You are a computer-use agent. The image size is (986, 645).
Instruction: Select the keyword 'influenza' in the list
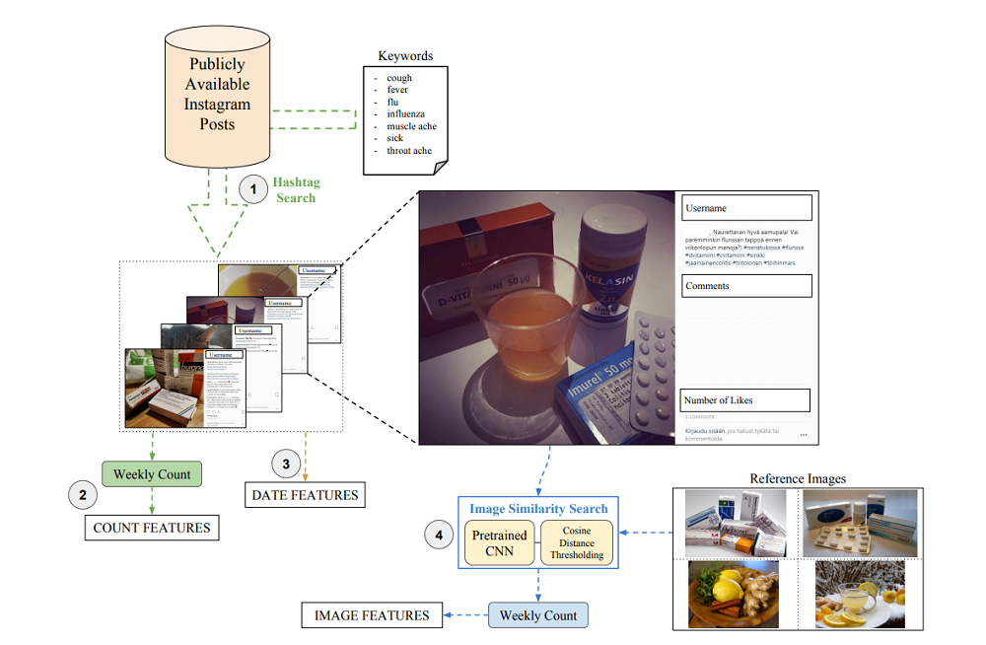(405, 114)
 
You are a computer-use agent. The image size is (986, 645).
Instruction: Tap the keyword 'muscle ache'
(411, 126)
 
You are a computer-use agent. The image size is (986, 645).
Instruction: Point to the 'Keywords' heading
(405, 56)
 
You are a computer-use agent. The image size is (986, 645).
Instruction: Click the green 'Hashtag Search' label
(296, 190)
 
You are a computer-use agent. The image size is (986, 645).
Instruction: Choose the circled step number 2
(82, 495)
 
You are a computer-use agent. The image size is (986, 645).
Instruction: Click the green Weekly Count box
(152, 474)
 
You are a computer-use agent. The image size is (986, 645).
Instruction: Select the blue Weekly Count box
(538, 615)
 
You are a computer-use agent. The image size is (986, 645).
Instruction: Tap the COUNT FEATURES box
(152, 528)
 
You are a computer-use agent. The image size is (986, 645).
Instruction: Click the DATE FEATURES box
(305, 494)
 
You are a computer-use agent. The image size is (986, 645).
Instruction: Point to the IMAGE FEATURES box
(372, 615)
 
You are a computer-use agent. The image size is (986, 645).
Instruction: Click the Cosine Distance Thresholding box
(577, 542)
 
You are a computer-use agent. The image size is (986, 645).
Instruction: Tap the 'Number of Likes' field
(744, 400)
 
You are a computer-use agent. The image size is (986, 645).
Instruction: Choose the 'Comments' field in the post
(746, 286)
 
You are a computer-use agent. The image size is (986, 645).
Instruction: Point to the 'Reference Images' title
(798, 479)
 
